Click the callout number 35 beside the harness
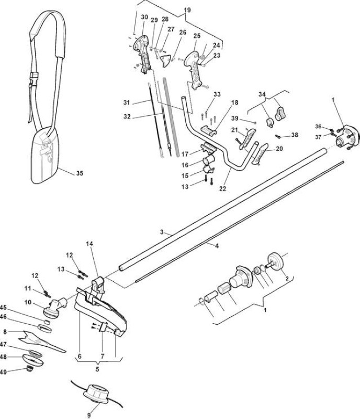(80, 173)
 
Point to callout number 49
(3, 372)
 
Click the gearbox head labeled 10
(55, 308)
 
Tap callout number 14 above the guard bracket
(89, 244)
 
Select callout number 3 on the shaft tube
(162, 232)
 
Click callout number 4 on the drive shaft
(217, 246)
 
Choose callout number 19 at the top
(187, 10)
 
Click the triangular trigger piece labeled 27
(165, 61)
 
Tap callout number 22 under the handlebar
(223, 189)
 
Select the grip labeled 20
(259, 155)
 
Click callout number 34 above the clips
(262, 94)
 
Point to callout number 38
(295, 135)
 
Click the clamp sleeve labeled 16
(208, 161)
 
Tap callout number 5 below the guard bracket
(97, 369)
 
